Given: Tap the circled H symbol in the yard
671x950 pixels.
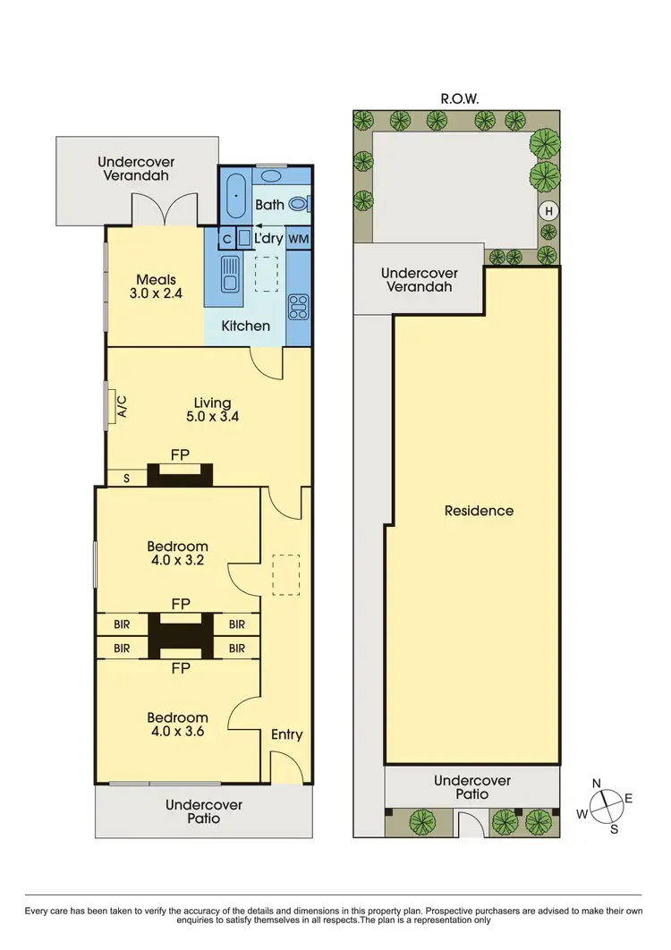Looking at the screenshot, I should [x=548, y=212].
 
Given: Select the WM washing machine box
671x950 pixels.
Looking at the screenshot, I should [x=299, y=240].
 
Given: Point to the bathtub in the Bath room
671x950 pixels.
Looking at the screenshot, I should [x=235, y=195].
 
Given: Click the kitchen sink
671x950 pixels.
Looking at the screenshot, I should [x=229, y=273].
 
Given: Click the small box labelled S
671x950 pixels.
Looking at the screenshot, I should [x=126, y=479].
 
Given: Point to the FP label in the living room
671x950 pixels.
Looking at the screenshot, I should [x=181, y=455].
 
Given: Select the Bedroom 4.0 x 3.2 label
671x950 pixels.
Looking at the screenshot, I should [x=177, y=553].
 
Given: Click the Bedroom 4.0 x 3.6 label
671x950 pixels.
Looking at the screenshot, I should [x=177, y=724].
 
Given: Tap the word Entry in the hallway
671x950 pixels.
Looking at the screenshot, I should [x=286, y=734].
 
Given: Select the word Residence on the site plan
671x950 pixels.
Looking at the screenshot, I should [x=480, y=511].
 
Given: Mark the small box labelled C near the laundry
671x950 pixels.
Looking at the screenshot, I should [x=226, y=240].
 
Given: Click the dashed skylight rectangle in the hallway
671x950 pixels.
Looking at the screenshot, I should [x=285, y=574].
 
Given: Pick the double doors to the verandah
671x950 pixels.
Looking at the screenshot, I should [x=164, y=211].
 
